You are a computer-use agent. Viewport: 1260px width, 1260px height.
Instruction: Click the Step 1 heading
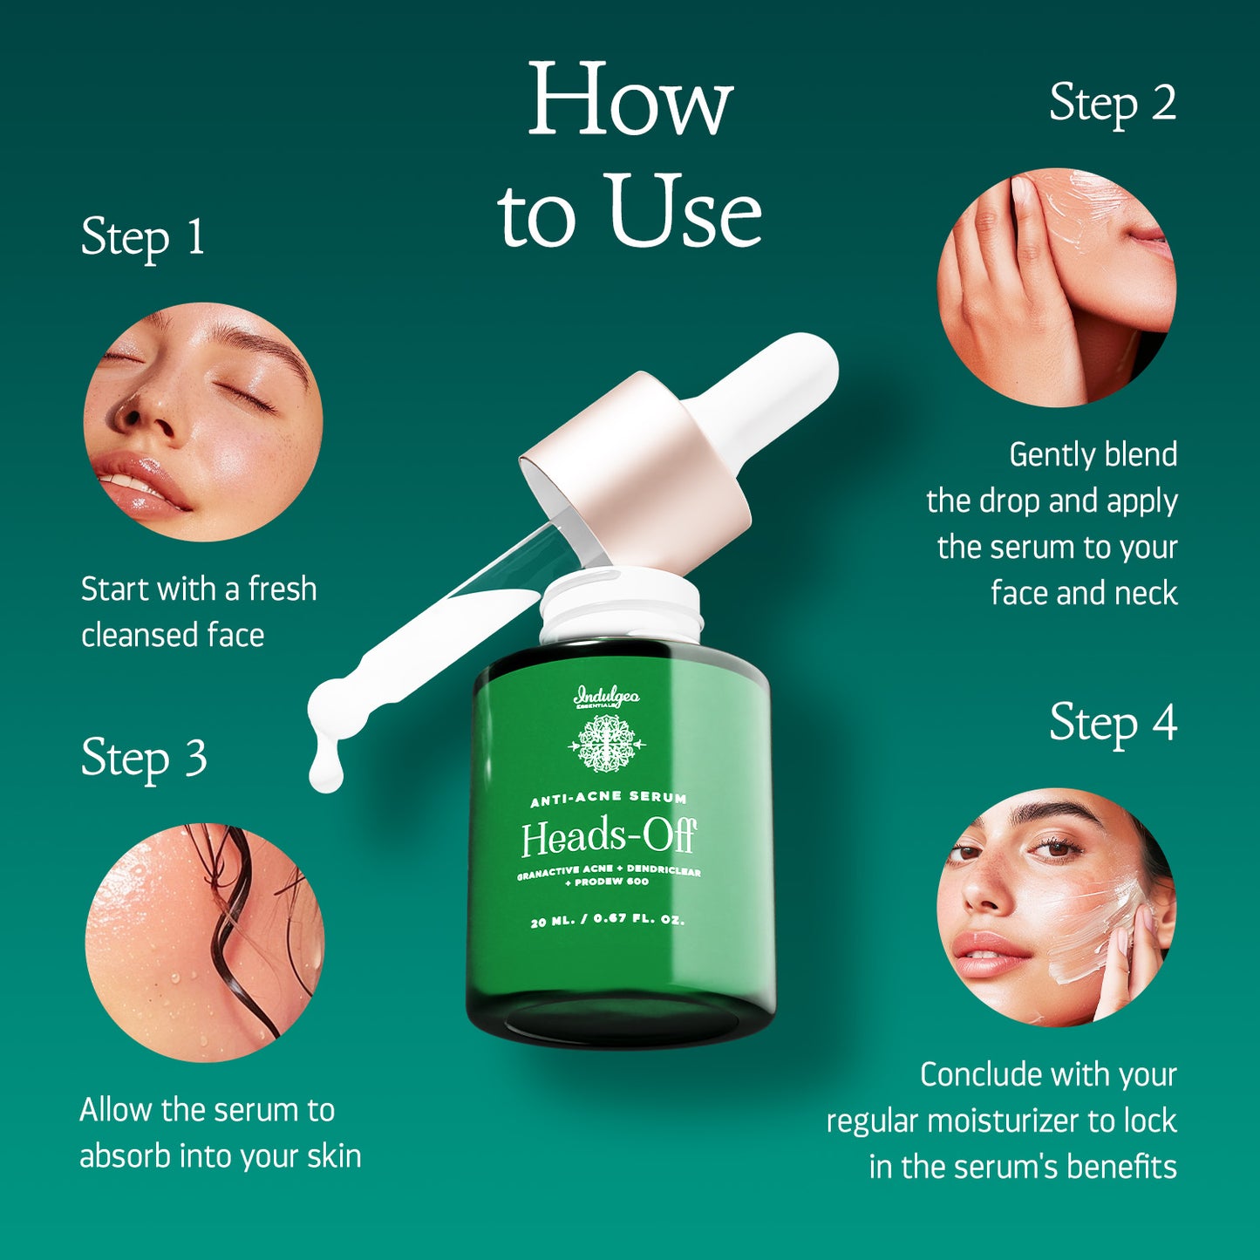point(143,237)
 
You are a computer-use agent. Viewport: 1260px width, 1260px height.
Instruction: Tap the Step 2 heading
point(1113,104)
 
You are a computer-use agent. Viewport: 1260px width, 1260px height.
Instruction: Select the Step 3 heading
point(144,758)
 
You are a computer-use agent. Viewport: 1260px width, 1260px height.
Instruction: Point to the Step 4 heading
point(1113,723)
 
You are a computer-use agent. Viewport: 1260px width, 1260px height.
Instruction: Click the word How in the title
point(630,100)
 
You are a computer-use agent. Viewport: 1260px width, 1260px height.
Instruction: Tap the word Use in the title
point(684,212)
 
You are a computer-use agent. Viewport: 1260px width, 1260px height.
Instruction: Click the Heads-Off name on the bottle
point(608,838)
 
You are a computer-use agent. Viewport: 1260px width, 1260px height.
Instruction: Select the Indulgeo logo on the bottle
point(607,698)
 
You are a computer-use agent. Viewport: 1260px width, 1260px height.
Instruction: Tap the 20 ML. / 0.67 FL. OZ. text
point(608,920)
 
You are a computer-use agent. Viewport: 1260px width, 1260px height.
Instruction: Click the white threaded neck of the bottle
point(620,606)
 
